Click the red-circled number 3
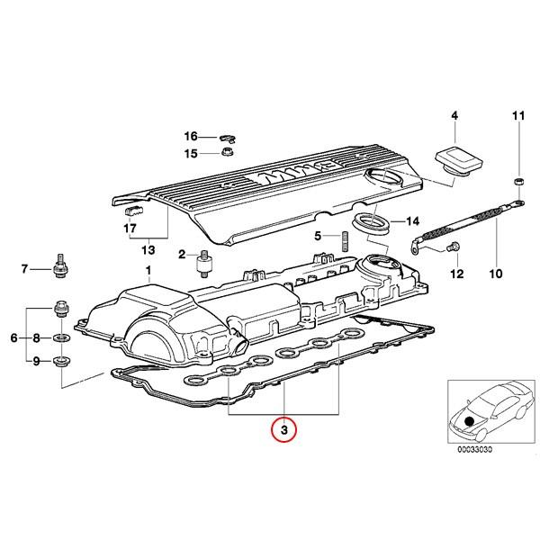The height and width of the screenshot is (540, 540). point(283,429)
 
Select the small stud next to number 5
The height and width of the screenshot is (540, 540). point(346,242)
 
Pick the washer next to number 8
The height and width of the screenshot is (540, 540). point(61,337)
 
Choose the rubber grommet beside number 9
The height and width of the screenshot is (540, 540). point(62,361)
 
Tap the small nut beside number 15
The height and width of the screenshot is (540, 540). point(227,151)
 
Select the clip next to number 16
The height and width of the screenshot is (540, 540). point(228,139)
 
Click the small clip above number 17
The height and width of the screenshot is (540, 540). point(133,210)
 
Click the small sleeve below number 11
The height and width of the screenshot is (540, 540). point(518,182)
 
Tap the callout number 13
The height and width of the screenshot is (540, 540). point(148,249)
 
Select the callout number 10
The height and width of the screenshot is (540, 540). point(496,274)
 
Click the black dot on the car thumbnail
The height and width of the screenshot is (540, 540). point(470,421)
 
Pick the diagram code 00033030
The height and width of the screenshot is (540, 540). point(474,449)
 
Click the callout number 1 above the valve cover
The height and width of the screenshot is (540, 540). point(148,271)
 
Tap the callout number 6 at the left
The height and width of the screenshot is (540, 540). point(13,337)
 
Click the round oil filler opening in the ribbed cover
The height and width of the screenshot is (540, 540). point(383,176)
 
